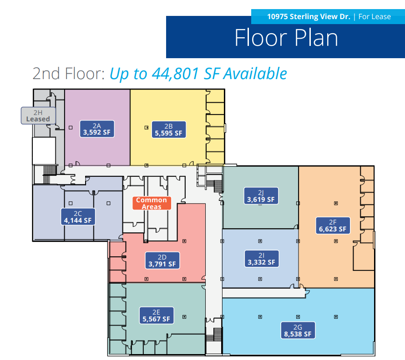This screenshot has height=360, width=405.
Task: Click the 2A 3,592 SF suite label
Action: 96,129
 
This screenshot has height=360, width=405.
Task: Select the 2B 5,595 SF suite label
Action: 168,129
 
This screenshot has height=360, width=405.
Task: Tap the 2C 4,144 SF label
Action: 78,216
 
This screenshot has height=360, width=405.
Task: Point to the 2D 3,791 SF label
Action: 162,260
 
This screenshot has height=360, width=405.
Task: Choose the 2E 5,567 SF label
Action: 156,315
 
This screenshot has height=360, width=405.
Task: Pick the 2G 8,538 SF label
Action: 298,330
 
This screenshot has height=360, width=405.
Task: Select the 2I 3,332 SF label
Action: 260,258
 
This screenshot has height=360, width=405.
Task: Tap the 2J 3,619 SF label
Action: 260,195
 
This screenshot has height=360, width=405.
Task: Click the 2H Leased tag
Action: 38,115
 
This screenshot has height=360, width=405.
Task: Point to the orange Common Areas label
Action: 152,203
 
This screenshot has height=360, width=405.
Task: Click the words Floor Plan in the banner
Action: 286,38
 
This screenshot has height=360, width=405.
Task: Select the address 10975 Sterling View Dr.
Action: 309,17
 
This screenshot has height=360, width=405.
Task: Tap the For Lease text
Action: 375,17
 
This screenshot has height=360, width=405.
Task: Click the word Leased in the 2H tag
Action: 38,119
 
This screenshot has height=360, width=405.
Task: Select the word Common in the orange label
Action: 152,200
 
